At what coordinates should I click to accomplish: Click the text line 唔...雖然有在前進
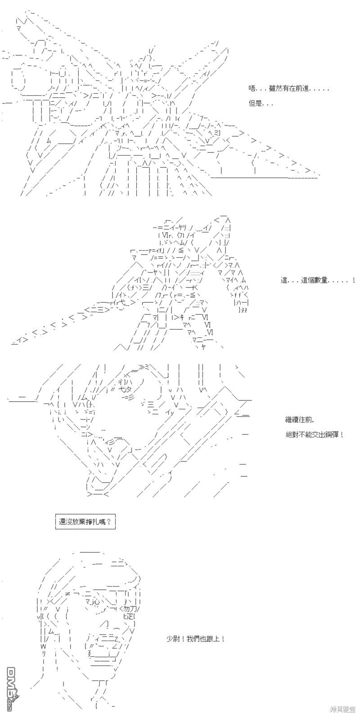click(288, 89)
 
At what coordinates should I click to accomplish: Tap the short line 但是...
click(261, 103)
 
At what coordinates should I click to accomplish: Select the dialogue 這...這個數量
click(318, 280)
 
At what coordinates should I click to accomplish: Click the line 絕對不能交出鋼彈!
click(315, 435)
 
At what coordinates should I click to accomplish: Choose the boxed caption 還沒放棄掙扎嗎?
click(85, 522)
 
